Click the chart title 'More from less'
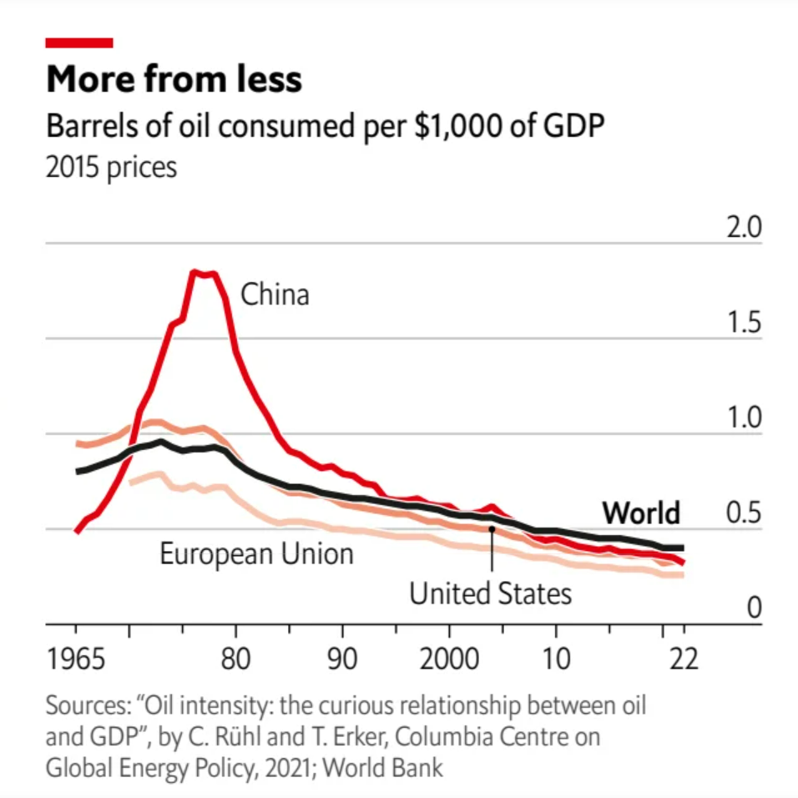tap(174, 80)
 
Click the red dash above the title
tap(79, 43)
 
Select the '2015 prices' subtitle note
tap(112, 167)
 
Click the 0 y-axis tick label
tap(754, 608)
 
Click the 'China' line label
tap(275, 295)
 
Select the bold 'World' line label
tap(641, 512)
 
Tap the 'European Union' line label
tap(257, 553)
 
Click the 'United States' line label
tap(490, 593)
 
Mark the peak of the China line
tap(195, 272)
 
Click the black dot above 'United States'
tap(492, 528)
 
